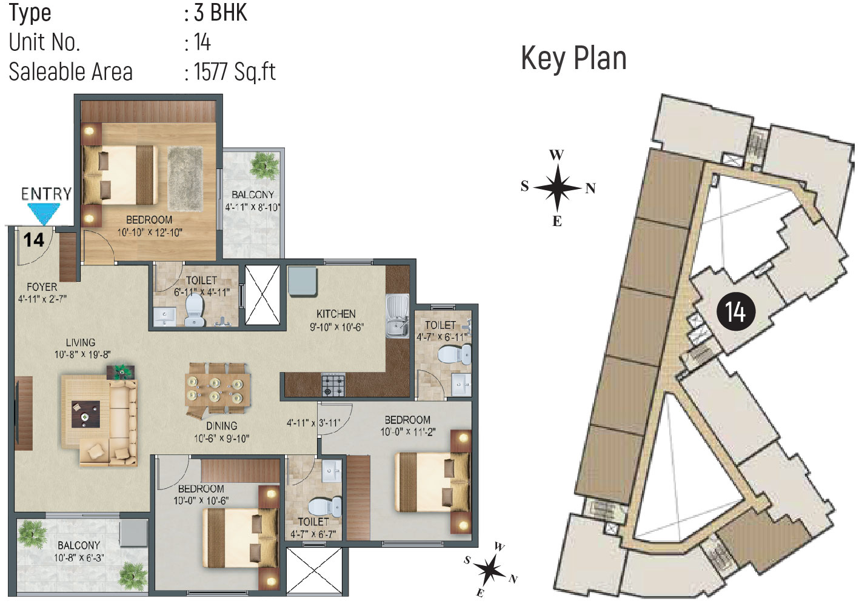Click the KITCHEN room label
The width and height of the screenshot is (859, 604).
point(336,314)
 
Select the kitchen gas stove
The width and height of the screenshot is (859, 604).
point(333,385)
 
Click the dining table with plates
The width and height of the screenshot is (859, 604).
point(218,389)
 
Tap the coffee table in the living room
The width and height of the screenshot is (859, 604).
point(85,414)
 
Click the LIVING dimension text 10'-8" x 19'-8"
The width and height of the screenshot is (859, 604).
point(82,354)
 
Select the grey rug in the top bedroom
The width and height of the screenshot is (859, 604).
point(185,179)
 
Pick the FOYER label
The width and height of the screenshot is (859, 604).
point(42,287)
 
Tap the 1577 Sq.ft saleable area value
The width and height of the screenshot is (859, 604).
point(235,71)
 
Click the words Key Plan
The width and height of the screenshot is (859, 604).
point(573,59)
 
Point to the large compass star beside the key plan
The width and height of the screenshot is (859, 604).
point(558,188)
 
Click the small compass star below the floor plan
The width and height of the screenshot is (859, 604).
point(489,569)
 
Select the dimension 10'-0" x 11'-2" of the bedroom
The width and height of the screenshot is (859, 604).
point(407,432)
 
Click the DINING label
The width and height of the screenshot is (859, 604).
point(221,426)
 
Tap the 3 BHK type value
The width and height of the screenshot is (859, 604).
point(220,13)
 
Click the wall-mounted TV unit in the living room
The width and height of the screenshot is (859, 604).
point(24,413)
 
